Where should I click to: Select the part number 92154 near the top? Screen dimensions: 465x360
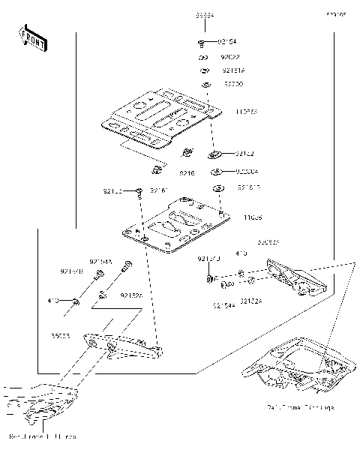pyautogui.click(x=228, y=42)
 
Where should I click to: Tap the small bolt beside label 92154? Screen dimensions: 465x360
pyautogui.click(x=203, y=43)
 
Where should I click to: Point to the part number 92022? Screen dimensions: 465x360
pyautogui.click(x=229, y=56)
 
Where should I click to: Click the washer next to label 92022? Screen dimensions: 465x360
pyautogui.click(x=203, y=57)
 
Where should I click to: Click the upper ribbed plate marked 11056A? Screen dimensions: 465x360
pyautogui.click(x=157, y=118)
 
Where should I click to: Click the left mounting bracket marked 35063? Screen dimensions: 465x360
pyautogui.click(x=120, y=344)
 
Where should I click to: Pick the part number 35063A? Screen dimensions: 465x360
pyautogui.click(x=268, y=243)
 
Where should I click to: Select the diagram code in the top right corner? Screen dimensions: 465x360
pyautogui.click(x=335, y=14)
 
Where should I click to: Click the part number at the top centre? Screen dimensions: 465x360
pyautogui.click(x=204, y=15)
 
